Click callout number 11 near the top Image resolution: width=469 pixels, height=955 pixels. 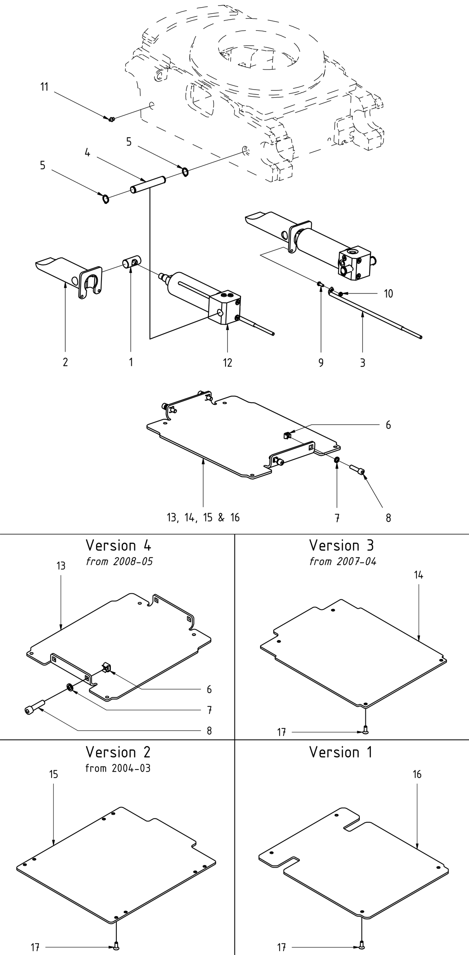click(x=44, y=87)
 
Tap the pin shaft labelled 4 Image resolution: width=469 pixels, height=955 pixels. click(x=148, y=182)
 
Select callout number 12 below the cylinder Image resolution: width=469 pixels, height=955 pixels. click(x=228, y=363)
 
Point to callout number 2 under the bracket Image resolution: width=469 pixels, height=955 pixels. click(x=65, y=363)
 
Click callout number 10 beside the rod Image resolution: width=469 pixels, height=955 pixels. click(x=388, y=294)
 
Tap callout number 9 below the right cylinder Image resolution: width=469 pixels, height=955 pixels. click(x=321, y=363)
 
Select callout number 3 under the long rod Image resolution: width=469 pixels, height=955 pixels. click(x=362, y=363)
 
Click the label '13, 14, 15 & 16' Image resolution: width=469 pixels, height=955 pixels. click(x=203, y=518)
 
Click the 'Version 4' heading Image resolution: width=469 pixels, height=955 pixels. click(x=118, y=546)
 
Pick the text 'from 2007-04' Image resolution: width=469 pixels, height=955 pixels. click(x=343, y=562)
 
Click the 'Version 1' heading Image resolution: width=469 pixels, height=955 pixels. click(x=341, y=752)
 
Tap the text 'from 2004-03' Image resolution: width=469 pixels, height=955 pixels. click(x=118, y=768)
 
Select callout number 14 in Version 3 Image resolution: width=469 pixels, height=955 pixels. click(x=418, y=575)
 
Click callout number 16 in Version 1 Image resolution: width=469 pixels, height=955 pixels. click(x=417, y=774)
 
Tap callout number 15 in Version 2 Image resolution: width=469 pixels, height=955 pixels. click(x=53, y=774)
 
